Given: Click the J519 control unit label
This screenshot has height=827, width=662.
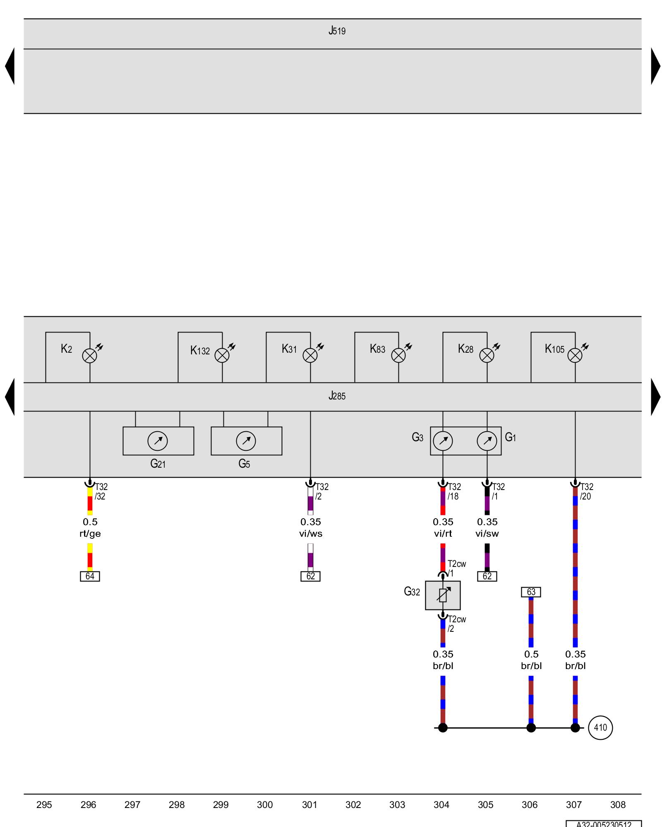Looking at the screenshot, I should [337, 31].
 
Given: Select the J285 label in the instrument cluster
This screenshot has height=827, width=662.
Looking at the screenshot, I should [337, 396].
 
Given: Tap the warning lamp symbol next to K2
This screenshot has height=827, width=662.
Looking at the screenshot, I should [90, 356].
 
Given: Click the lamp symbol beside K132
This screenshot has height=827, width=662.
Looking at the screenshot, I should [222, 356].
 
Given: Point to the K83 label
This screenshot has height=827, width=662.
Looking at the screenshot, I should [377, 349].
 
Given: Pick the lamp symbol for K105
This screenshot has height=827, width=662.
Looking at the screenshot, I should [575, 356].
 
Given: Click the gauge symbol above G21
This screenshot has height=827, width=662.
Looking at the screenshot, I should [158, 441].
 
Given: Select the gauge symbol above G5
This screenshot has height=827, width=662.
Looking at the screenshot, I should [246, 441].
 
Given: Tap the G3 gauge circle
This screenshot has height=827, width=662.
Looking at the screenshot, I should [443, 441].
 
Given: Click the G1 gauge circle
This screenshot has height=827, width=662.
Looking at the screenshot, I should [487, 441].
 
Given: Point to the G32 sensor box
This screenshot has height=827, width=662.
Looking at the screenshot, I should [443, 595].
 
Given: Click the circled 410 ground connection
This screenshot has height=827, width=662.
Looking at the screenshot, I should [600, 728].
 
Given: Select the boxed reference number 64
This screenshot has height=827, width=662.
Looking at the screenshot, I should [90, 576].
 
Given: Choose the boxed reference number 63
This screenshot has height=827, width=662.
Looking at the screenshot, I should [531, 592].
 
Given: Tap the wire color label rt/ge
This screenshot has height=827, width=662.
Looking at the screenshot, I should [90, 534].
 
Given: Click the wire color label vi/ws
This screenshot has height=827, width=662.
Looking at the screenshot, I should [311, 534].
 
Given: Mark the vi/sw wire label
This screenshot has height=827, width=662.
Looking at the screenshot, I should [487, 534].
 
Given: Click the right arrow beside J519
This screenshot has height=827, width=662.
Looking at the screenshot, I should [655, 66].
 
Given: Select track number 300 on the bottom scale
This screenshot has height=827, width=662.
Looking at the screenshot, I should [265, 805].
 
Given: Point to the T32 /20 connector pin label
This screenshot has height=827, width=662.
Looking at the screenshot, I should [586, 491].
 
